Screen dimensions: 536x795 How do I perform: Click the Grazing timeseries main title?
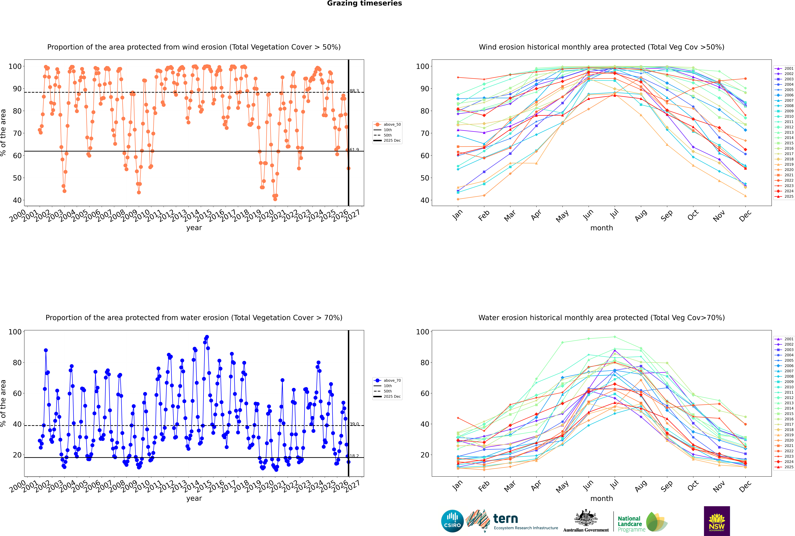click(364, 3)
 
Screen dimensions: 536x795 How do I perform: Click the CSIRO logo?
click(452, 521)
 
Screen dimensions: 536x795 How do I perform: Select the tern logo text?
click(506, 519)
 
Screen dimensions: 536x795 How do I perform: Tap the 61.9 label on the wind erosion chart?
click(354, 150)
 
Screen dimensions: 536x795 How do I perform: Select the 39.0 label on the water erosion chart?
click(354, 424)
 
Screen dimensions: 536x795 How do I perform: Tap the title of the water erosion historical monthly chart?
click(602, 318)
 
